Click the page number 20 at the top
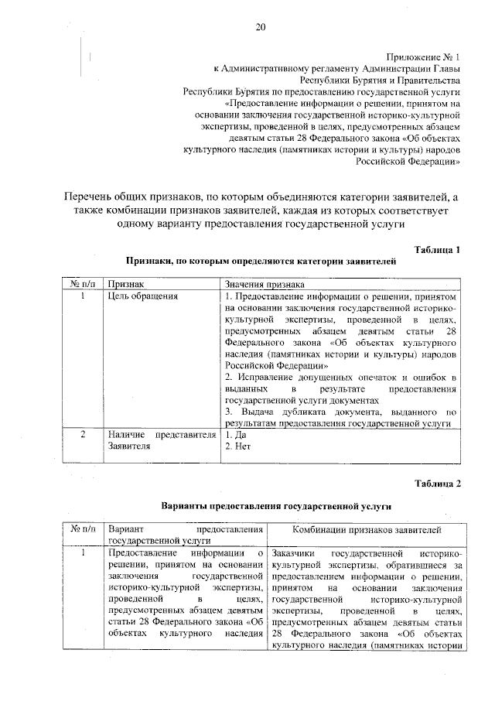pyautogui.click(x=260, y=28)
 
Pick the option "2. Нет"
pyautogui.click(x=237, y=446)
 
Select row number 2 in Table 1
pyautogui.click(x=82, y=436)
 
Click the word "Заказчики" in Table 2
pyautogui.click(x=295, y=554)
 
